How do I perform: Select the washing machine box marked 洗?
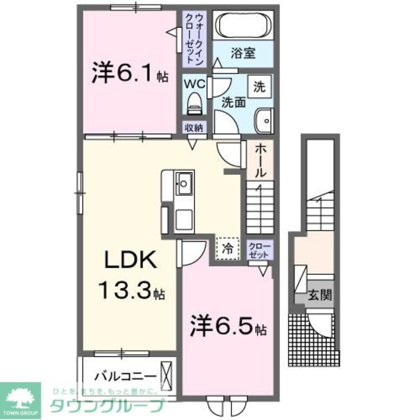coord(259,87)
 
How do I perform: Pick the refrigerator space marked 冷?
coord(227,249)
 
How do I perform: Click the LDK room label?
coord(130,261)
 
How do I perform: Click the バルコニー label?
coord(124,375)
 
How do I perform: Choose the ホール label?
coord(260,160)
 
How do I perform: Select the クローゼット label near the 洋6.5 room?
coord(260,250)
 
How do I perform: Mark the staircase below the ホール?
coord(260,208)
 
